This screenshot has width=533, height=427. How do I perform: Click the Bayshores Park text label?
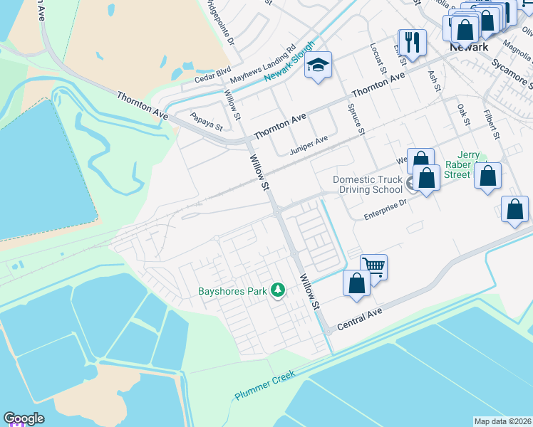232,290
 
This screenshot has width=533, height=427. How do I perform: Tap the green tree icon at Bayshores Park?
278,290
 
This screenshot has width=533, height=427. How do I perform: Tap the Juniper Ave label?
309,145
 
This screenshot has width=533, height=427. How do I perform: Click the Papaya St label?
206,121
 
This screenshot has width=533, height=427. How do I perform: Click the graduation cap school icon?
319,66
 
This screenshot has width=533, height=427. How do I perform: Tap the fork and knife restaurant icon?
412,43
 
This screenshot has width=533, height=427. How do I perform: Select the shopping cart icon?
373,267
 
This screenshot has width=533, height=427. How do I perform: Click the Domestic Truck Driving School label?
368,185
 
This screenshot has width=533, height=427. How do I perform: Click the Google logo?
24,419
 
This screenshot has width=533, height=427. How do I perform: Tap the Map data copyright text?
502,421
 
